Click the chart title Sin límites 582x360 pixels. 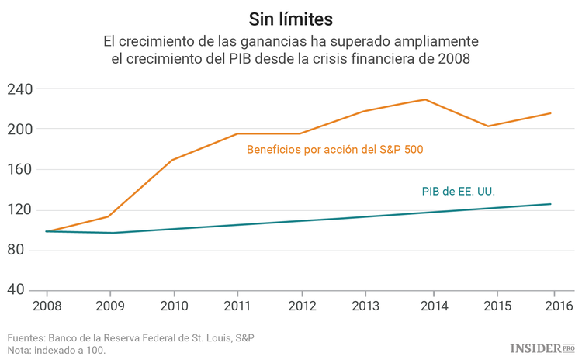(291, 16)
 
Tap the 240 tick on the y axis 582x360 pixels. (20, 88)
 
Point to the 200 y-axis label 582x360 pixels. (20, 129)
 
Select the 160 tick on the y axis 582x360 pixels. (20, 169)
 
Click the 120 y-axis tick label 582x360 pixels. (20, 209)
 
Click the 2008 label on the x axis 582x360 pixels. (47, 306)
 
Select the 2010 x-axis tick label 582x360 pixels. (172, 306)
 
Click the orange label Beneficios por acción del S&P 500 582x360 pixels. (334, 149)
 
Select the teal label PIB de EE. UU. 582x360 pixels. (458, 191)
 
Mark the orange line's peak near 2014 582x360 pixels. (425, 99)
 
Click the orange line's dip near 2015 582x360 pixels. (488, 126)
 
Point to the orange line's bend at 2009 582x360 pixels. (109, 216)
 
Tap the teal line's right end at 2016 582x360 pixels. (551, 204)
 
